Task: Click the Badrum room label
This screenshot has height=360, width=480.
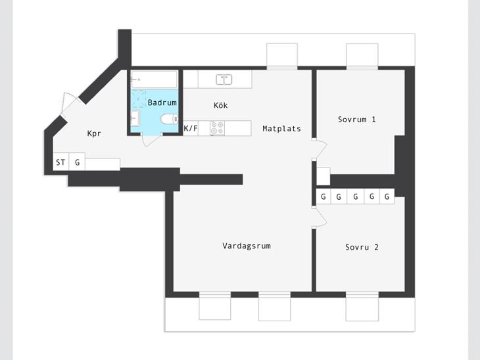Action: (162, 102)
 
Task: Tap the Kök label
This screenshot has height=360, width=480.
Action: (220, 105)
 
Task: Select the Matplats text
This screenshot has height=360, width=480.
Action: (281, 129)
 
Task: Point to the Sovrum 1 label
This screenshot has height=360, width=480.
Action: (356, 120)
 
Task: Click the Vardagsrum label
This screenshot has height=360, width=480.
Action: (247, 246)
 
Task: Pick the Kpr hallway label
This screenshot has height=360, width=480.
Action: (94, 133)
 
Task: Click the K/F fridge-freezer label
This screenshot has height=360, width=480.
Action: (191, 128)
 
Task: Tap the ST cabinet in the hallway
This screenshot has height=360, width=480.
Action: (60, 162)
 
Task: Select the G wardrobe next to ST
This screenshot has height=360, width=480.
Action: (77, 162)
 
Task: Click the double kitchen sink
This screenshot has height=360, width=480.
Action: (224, 79)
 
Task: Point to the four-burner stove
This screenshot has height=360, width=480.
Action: (218, 128)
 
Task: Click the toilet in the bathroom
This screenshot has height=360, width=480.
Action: (170, 119)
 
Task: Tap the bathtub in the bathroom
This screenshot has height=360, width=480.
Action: (154, 79)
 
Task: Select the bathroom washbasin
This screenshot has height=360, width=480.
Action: (135, 118)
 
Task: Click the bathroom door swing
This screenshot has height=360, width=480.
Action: (151, 139)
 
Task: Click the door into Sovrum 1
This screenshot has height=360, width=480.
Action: (320, 149)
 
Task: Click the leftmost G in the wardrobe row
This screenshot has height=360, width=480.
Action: (324, 196)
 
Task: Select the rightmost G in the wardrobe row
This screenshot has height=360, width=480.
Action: (387, 196)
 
